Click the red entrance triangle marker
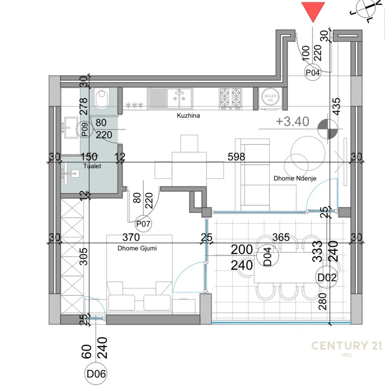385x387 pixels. [x=313, y=11]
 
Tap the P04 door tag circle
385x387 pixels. [x=313, y=73]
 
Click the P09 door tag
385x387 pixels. [x=85, y=129]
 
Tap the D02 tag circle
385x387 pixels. [x=327, y=277]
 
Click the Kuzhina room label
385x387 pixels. [x=188, y=116]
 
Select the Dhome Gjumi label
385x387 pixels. [x=137, y=248]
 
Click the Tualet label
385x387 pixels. [x=92, y=166]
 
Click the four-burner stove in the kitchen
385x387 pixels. [x=231, y=98]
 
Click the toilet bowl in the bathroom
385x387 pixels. [x=102, y=99]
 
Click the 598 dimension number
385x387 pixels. [x=236, y=157]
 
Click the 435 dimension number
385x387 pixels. [x=335, y=106]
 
